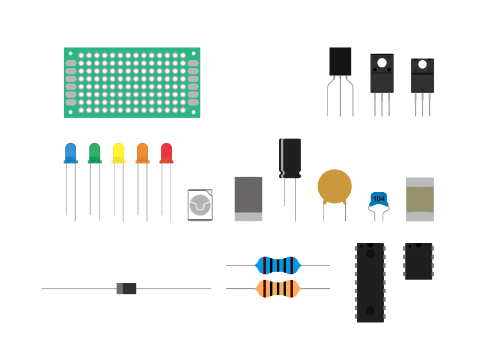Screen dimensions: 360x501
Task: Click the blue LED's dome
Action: click(x=71, y=151)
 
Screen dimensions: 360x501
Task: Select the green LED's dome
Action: click(x=94, y=151)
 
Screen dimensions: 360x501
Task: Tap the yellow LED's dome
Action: click(x=118, y=151)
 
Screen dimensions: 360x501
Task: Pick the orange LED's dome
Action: click(x=143, y=151)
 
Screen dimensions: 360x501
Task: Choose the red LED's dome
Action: click(x=166, y=151)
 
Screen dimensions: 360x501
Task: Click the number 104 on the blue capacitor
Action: click(x=379, y=199)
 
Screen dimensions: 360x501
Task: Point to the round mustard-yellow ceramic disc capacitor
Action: click(x=334, y=186)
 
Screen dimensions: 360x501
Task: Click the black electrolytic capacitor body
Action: click(x=290, y=158)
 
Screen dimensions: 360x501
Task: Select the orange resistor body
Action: click(x=278, y=288)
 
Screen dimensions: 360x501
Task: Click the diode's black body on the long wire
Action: click(x=129, y=288)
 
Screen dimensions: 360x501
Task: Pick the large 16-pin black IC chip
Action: click(x=370, y=282)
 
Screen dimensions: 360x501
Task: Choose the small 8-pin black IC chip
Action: click(x=419, y=261)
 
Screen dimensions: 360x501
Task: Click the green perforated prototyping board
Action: click(x=131, y=82)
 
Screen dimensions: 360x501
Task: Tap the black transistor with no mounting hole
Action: click(x=340, y=61)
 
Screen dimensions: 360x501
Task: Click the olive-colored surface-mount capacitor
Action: click(x=420, y=199)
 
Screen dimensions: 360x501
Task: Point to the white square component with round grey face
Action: click(x=200, y=205)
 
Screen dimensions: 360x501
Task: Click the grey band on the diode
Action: click(x=120, y=288)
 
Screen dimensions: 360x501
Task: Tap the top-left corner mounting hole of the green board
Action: click(x=71, y=54)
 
